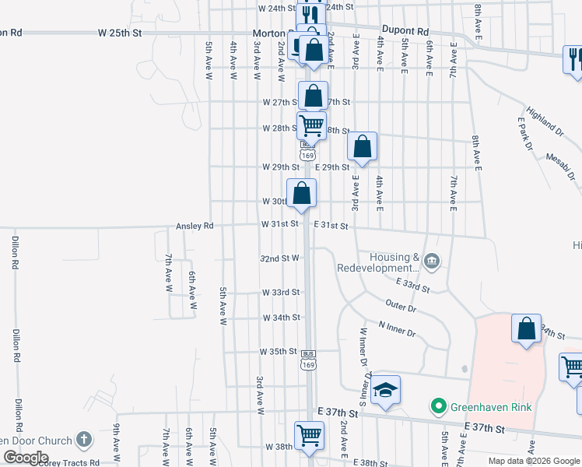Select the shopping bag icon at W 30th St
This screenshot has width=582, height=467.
click(301, 193)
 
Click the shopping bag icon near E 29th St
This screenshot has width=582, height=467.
click(362, 146)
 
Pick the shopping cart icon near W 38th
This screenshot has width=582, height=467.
click(309, 435)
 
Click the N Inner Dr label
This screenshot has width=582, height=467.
click(397, 328)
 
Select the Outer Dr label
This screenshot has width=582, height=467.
click(401, 304)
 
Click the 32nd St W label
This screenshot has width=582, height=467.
click(279, 258)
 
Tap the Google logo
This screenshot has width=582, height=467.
click(26, 457)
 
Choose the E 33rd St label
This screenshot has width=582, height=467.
click(412, 284)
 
